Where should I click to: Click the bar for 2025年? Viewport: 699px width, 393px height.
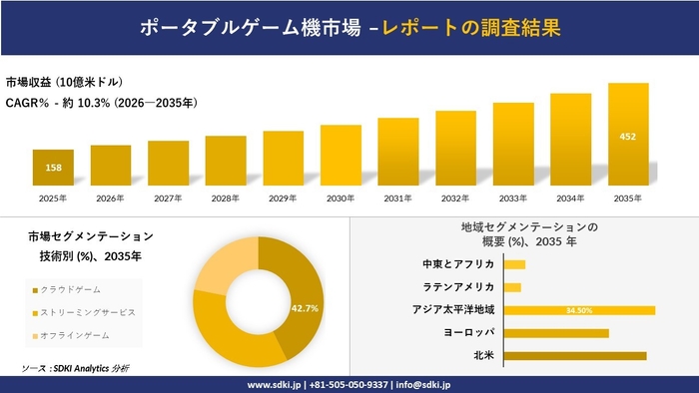pyautogui.click(x=53, y=167)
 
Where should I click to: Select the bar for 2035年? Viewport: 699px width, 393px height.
pyautogui.click(x=628, y=134)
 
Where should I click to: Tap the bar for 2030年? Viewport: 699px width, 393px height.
pyautogui.click(x=341, y=154)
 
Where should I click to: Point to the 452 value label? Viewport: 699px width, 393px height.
pyautogui.click(x=628, y=136)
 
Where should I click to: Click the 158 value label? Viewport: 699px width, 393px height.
pyautogui.click(x=53, y=168)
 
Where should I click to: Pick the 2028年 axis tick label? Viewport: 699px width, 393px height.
pyautogui.click(x=226, y=198)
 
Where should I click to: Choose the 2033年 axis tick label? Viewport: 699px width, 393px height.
pyautogui.click(x=513, y=198)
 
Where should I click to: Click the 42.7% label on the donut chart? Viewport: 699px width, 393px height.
pyautogui.click(x=305, y=308)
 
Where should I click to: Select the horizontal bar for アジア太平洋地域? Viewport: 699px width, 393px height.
pyautogui.click(x=579, y=310)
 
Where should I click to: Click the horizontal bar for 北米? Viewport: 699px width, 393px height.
pyautogui.click(x=575, y=355)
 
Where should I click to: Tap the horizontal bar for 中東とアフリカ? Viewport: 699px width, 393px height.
pyautogui.click(x=514, y=264)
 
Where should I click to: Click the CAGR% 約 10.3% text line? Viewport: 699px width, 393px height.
pyautogui.click(x=101, y=102)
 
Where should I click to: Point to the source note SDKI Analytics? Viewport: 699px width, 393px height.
pyautogui.click(x=88, y=368)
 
